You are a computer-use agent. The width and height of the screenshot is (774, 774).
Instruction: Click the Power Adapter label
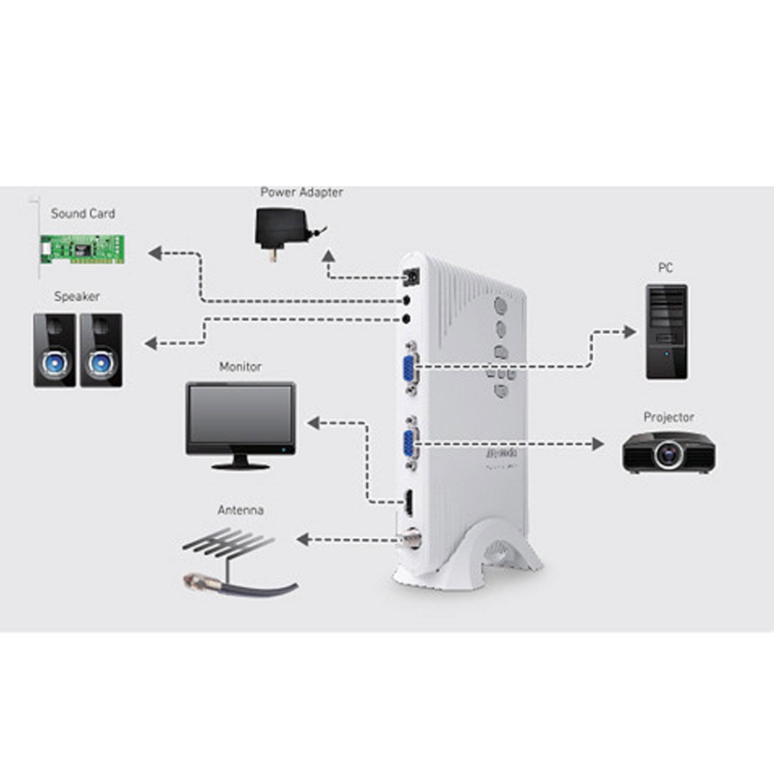301,192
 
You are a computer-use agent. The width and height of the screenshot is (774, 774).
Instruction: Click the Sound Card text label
83,214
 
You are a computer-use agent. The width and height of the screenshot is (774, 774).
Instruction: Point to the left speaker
55,350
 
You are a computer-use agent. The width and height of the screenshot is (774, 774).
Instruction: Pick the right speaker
101,350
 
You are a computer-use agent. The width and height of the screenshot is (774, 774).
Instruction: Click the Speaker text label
77,297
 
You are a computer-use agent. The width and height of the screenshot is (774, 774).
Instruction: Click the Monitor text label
240,367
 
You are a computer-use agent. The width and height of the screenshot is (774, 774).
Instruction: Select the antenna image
232,557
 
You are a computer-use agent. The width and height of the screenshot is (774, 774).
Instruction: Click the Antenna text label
240,510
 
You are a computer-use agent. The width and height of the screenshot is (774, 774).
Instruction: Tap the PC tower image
666,332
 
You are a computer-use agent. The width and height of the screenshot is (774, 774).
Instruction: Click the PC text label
665,268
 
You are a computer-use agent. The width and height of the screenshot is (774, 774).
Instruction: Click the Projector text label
668,417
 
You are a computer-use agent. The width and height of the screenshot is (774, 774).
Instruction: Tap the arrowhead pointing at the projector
599,444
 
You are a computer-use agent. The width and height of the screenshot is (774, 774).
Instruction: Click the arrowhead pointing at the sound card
154,253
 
